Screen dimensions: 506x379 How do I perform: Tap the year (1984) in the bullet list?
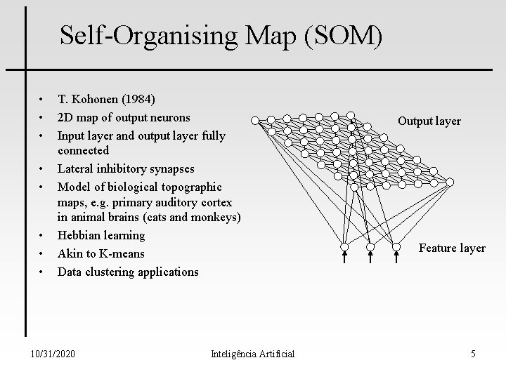pos(138,99)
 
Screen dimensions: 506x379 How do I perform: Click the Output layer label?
pos(429,121)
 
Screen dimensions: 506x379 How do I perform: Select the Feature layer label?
pos(452,248)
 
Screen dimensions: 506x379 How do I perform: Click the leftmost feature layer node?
pos(344,248)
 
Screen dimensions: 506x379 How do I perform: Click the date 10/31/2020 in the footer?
pos(54,354)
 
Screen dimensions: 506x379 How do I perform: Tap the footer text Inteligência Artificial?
pos(252,354)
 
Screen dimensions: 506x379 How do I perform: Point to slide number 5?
pos(473,354)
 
